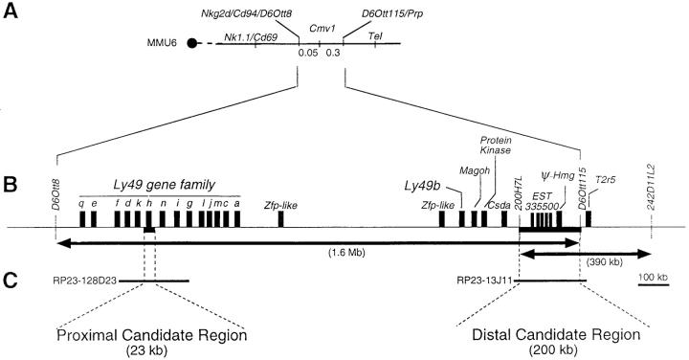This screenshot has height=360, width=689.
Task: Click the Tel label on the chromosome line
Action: (375, 35)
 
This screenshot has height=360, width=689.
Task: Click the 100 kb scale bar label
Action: (655, 277)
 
